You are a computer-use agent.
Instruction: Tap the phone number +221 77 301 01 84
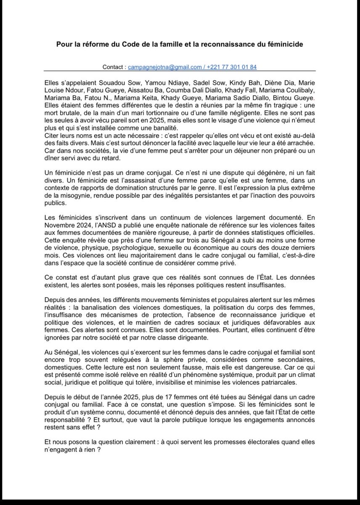tap(233, 67)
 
